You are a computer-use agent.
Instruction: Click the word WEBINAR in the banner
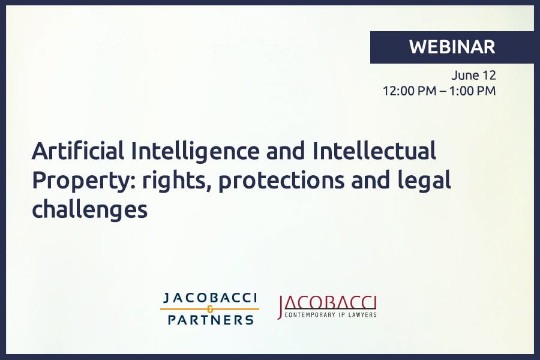point(452,47)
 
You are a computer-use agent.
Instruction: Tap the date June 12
point(474,76)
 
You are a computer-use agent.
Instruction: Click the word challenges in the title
point(89,209)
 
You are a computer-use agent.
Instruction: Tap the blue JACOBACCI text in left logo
point(209,298)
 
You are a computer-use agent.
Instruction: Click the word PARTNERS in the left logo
point(210,320)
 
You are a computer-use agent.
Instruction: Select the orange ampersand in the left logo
point(210,309)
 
